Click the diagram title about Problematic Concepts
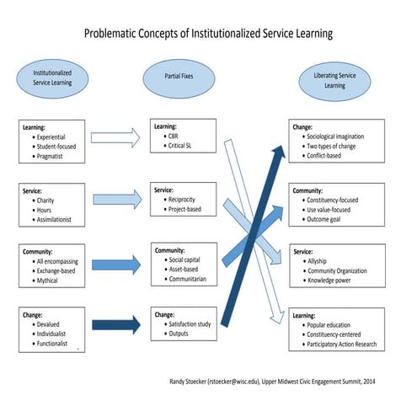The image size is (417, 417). pos(208,34)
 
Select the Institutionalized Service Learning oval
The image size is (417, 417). pos(52,78)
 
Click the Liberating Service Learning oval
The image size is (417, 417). pos(334,80)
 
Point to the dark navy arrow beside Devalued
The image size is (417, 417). pos(115,323)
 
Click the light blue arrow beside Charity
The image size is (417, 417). pos(115,199)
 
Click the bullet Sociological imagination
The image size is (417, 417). pos(345,136)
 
